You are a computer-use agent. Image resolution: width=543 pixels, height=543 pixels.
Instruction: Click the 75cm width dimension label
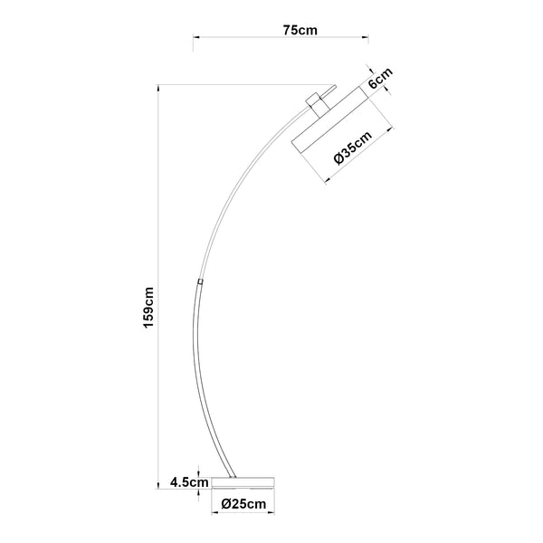pyautogui.click(x=299, y=30)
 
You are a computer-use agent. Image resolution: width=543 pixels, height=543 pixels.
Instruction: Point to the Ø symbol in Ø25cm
pyautogui.click(x=226, y=503)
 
